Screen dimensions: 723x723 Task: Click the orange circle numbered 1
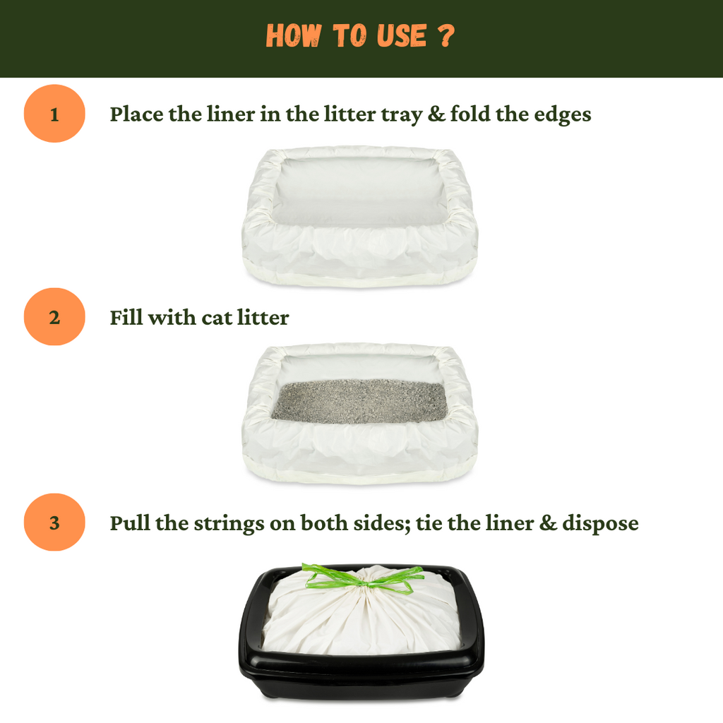pos(54,114)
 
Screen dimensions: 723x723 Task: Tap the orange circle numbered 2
pos(54,317)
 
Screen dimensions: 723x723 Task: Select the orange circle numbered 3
pos(54,522)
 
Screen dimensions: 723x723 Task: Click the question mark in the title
pos(445,36)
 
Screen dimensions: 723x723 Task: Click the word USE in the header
pos(399,36)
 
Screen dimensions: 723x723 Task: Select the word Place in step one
pos(136,114)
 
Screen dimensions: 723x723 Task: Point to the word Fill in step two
pos(126,318)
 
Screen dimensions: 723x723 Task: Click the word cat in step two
pos(217,318)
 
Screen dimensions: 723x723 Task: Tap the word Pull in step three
pos(127,523)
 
